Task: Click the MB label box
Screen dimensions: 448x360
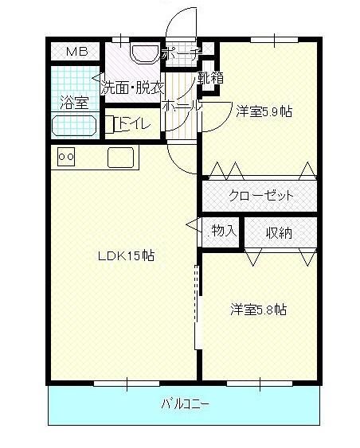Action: click(x=77, y=53)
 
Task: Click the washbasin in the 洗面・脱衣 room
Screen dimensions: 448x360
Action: click(x=144, y=53)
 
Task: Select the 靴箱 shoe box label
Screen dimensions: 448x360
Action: click(x=210, y=78)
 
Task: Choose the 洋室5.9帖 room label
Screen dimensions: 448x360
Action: click(x=264, y=111)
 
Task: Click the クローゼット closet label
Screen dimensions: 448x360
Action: click(x=261, y=195)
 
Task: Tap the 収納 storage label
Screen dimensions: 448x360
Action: click(x=279, y=232)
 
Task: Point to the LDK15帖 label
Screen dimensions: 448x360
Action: click(x=126, y=256)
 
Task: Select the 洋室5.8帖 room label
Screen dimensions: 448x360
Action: click(x=259, y=310)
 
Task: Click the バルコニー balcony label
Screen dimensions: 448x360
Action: click(x=185, y=404)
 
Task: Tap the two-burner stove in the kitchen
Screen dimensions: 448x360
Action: click(x=66, y=158)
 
